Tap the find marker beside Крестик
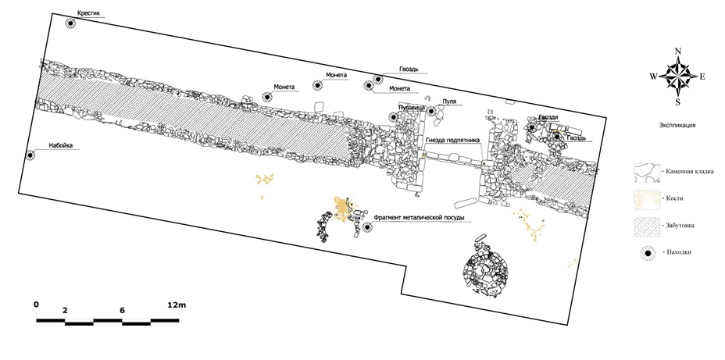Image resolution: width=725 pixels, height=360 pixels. pyautogui.click(x=70, y=24)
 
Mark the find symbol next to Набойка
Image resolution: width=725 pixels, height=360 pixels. pyautogui.click(x=30, y=155)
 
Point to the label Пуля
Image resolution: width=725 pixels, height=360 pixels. pyautogui.click(x=448, y=102)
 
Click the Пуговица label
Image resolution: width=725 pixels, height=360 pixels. pyautogui.click(x=411, y=107)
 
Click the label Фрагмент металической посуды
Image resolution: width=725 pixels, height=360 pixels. pyautogui.click(x=420, y=217)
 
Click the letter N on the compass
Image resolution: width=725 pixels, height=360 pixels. pyautogui.click(x=677, y=52)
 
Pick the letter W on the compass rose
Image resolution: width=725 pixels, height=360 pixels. pyautogui.click(x=652, y=77)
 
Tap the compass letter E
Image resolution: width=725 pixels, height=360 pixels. pyautogui.click(x=702, y=77)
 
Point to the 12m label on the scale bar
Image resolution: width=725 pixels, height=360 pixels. pyautogui.click(x=177, y=305)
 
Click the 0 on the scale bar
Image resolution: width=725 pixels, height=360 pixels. pyautogui.click(x=36, y=305)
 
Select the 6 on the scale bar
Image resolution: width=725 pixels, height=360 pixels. pyautogui.click(x=122, y=310)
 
